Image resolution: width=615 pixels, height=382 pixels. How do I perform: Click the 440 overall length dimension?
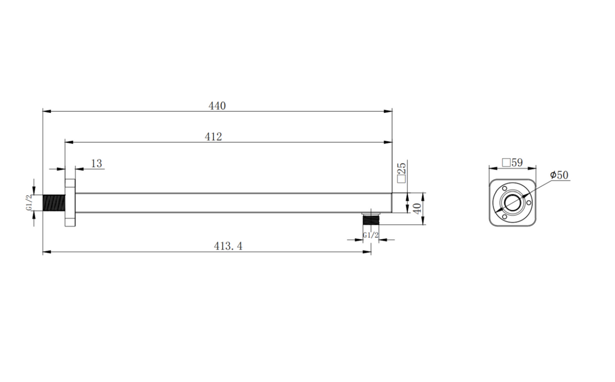217,106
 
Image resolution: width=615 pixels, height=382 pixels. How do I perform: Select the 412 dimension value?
213,137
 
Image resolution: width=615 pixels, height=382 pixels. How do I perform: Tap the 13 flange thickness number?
96,163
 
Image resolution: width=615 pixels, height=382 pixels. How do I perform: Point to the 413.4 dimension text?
228,246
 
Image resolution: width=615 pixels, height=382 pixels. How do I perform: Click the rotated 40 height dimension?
417,208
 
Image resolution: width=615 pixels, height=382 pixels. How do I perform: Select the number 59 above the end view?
517,162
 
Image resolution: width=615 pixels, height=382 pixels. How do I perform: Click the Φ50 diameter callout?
559,175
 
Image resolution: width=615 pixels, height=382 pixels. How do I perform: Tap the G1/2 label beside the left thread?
29,203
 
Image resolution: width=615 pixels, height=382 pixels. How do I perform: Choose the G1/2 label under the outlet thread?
371,235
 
